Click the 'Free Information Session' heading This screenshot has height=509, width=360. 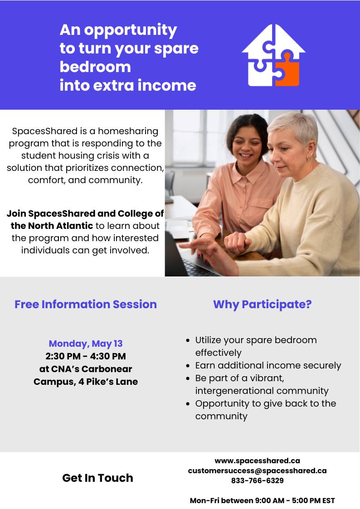(86, 304)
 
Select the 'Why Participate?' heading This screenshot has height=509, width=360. (262, 305)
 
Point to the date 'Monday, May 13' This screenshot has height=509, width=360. (86, 344)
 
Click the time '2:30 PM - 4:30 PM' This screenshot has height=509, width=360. (86, 356)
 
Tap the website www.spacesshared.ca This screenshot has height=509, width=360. (258, 461)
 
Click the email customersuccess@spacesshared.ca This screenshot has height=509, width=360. (258, 470)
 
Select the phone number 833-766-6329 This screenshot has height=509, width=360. (258, 480)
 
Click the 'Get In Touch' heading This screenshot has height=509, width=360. (98, 478)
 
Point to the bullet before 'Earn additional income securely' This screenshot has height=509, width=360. (188, 366)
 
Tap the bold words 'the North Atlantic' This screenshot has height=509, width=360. (52, 226)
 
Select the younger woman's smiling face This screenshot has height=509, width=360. (248, 146)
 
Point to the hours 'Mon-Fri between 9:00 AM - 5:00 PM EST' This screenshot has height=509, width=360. (262, 500)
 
